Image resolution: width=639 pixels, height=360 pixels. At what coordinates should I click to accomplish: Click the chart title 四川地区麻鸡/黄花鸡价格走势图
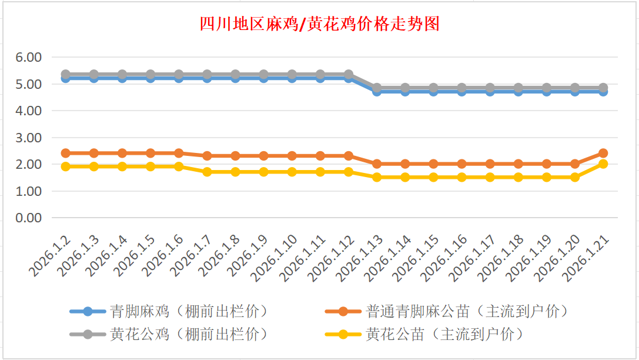[319, 24]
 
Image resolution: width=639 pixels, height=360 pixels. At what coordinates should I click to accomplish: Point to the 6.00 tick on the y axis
[29, 57]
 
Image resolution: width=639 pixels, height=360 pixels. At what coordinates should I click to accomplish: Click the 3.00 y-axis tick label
[29, 138]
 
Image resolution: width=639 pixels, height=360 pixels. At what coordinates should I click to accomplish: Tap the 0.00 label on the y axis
[29, 218]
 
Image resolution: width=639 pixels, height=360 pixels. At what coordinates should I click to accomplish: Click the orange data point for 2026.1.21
[603, 153]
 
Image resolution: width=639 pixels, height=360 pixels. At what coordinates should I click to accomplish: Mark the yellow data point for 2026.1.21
[603, 164]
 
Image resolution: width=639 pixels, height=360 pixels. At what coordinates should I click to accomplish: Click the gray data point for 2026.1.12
[349, 75]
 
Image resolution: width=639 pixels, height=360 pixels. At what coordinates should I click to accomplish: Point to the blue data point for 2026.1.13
[377, 91]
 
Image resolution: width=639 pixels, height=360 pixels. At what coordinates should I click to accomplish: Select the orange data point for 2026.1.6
[179, 153]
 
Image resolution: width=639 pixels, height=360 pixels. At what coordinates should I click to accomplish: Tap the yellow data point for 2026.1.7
[207, 172]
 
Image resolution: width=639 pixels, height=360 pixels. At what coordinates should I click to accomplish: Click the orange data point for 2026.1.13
[377, 164]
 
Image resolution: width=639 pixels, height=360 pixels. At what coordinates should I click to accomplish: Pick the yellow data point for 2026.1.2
[66, 166]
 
